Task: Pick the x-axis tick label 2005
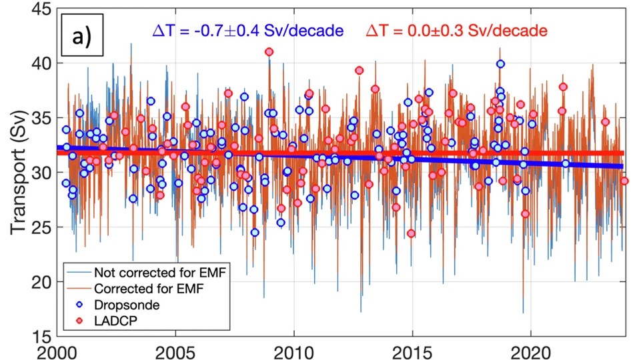175,351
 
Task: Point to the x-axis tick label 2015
412,351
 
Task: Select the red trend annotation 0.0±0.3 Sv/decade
456,31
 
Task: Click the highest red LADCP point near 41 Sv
269,51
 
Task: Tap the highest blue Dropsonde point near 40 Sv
500,64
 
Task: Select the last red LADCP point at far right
624,180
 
